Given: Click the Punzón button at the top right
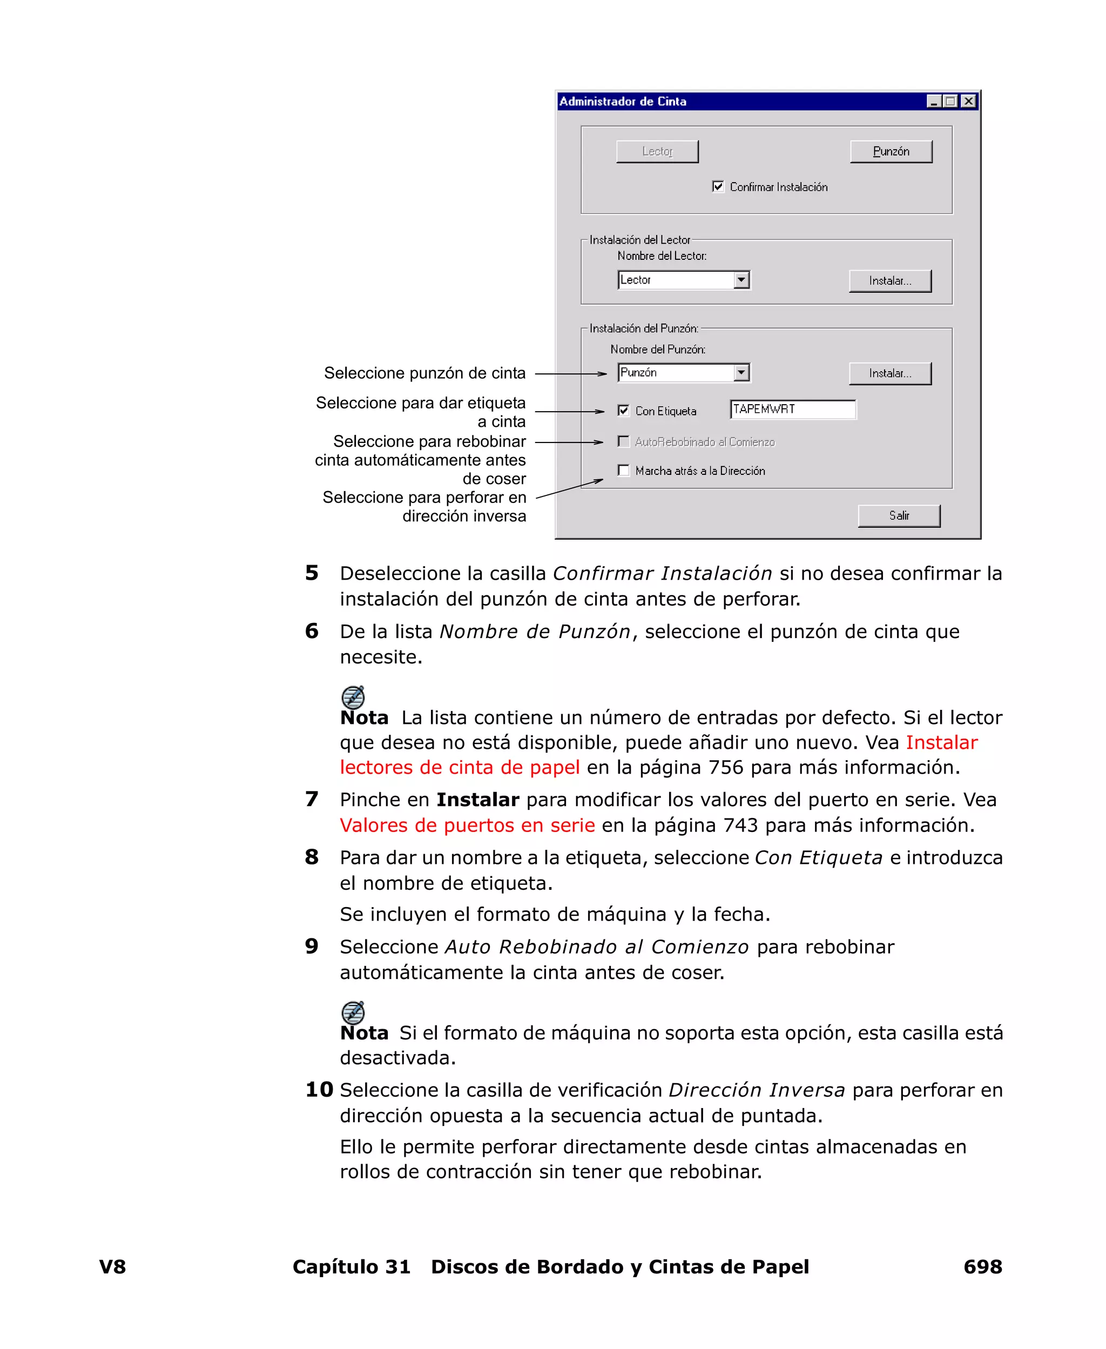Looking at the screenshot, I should pos(891,152).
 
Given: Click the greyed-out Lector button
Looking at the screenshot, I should pos(657,152).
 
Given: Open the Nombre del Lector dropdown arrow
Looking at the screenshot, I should pos(741,280).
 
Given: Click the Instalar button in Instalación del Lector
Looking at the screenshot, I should pos(890,281).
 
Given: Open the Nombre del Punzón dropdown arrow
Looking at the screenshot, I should pos(741,373).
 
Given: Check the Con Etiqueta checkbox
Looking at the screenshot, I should pos(624,411).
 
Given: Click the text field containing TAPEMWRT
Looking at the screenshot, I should pos(793,410).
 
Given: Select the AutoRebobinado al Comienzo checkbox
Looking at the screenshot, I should pos(624,441).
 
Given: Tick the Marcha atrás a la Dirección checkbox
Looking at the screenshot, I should pos(624,471).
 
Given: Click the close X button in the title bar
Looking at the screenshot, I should pos(968,102).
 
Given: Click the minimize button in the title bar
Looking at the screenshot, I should pos(934,102).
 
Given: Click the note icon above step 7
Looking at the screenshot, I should pos(353,697).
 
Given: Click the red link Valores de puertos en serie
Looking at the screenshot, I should pos(467,825).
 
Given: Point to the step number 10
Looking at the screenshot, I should pos(319,1090).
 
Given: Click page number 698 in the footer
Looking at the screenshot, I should pos(982,1267).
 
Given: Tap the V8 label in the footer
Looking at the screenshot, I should pos(113,1267).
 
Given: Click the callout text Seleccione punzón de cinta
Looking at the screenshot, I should pos(424,373).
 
